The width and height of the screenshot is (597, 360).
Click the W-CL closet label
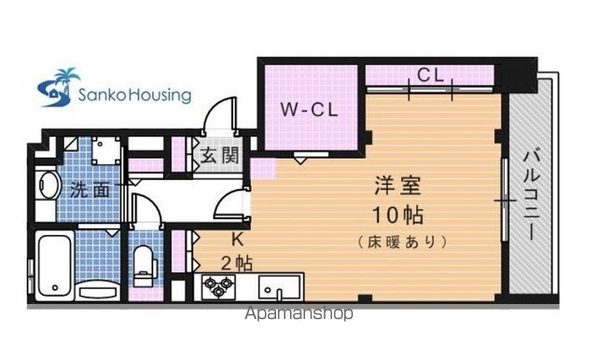[x=309, y=110]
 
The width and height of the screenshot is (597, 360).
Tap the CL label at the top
[x=431, y=75]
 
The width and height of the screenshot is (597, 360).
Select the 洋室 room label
[x=397, y=186]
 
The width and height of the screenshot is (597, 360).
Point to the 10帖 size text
[x=397, y=215]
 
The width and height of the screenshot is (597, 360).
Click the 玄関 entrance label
[x=220, y=155]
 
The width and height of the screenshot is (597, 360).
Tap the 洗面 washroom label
[x=90, y=190]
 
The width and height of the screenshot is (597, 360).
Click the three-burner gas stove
[x=217, y=286]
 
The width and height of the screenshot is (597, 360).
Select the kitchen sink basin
[x=280, y=287]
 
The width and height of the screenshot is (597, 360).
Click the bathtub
[x=55, y=265]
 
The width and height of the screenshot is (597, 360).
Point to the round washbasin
[x=49, y=186]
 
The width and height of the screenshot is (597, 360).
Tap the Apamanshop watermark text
[x=298, y=313]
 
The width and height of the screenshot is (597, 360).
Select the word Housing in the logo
[x=160, y=95]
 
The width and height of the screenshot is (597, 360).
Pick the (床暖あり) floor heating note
[x=402, y=242]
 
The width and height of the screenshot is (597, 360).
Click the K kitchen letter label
[x=238, y=240]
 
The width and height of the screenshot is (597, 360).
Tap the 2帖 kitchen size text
[x=236, y=263]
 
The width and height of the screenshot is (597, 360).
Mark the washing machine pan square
[x=106, y=150]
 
